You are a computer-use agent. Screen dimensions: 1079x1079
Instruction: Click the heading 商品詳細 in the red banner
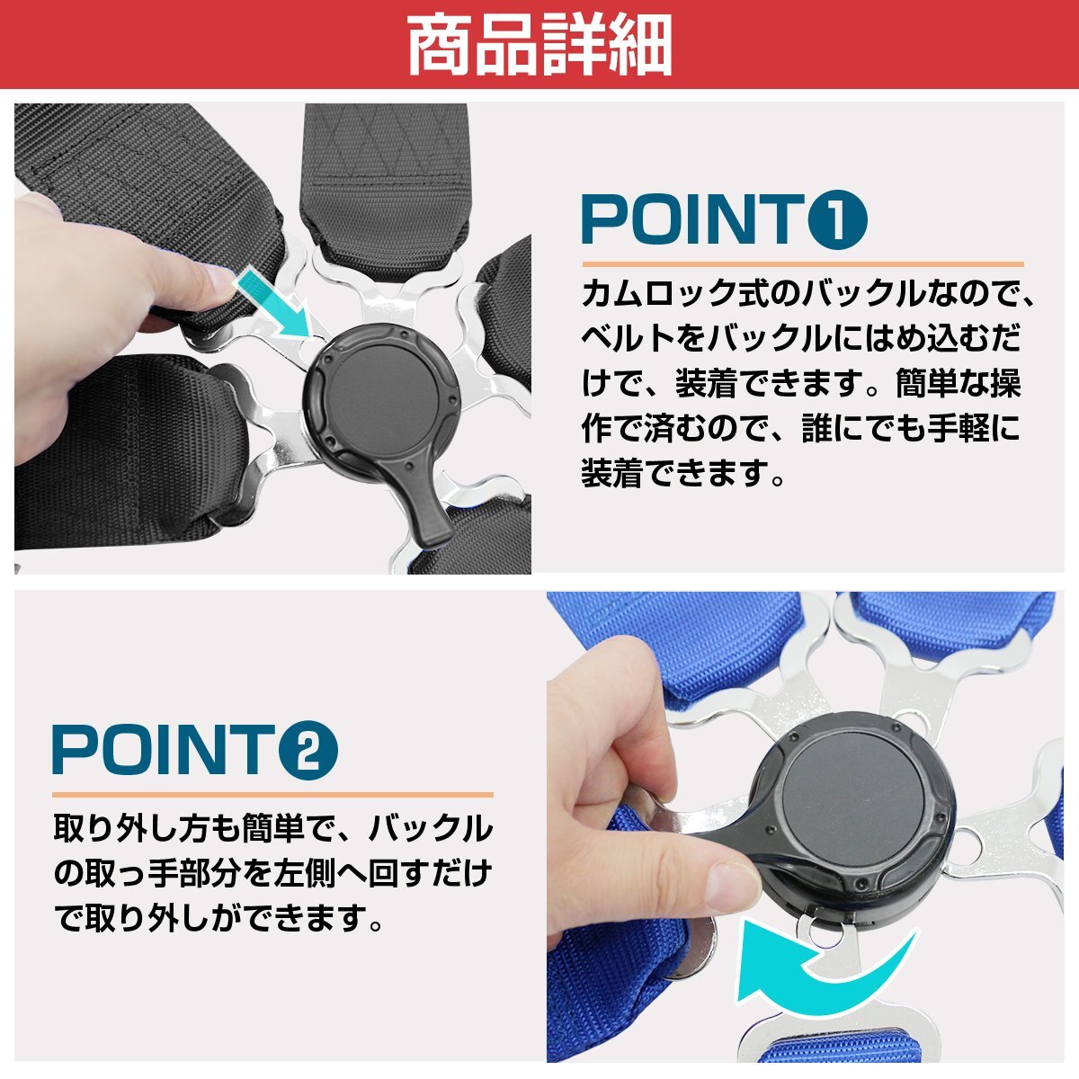(x=539, y=45)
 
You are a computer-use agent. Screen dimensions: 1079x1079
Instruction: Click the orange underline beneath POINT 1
(x=802, y=264)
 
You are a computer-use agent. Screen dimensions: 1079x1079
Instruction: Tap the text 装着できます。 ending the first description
(x=683, y=472)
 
